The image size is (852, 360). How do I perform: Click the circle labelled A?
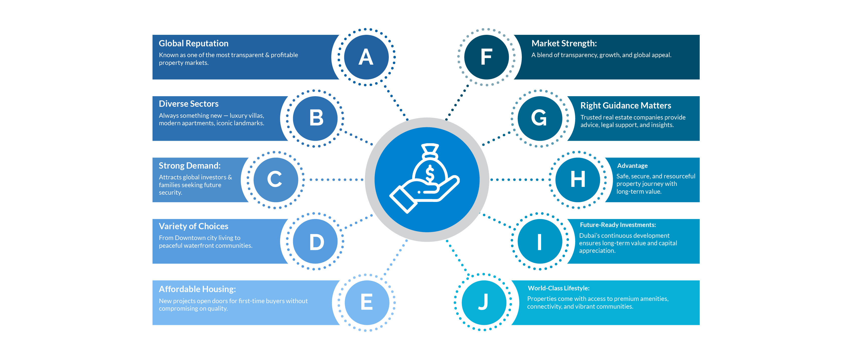tap(366, 57)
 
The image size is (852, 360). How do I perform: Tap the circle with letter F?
tap(486, 57)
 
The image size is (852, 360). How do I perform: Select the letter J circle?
tap(483, 302)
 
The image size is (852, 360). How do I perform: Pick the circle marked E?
tap(367, 302)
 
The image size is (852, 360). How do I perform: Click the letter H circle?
tap(577, 180)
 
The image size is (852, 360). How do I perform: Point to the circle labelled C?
tap(275, 180)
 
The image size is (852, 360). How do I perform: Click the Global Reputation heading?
tap(193, 43)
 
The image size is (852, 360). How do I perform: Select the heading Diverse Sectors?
tap(189, 104)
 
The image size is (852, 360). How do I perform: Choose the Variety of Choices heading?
tap(193, 226)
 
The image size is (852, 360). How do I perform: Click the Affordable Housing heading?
tap(197, 289)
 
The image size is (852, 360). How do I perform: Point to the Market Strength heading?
tap(564, 43)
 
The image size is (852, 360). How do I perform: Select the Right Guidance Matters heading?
tap(626, 105)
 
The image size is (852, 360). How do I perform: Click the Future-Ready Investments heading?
tap(618, 225)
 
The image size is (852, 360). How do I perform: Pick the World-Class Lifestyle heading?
tap(558, 288)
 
